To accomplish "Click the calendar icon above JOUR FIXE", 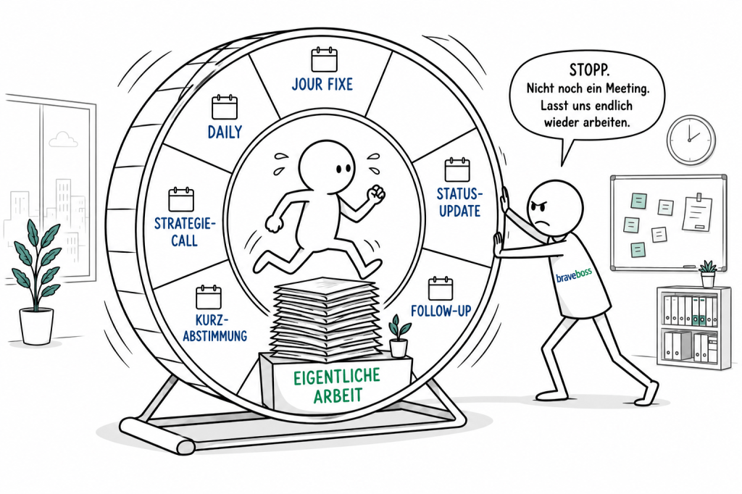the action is (x=324, y=59).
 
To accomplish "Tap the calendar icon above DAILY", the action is (x=225, y=107).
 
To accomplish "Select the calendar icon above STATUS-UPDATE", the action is (x=457, y=170).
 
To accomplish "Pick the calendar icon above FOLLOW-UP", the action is (x=441, y=288).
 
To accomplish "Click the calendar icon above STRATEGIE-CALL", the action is (x=181, y=199).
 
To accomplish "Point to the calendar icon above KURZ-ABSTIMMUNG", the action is (x=209, y=297).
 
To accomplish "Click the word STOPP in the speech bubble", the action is (x=589, y=70).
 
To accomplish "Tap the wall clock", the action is (x=691, y=140).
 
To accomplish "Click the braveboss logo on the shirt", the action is (x=574, y=275).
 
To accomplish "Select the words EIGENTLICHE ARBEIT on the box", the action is (x=337, y=385).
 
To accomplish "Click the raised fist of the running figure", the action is (x=377, y=193).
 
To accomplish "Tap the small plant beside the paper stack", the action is (x=399, y=336).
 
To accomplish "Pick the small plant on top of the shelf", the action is (x=708, y=274).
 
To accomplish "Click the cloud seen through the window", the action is (x=64, y=139).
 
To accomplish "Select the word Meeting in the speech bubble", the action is (x=625, y=88).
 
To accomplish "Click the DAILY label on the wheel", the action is (x=225, y=132).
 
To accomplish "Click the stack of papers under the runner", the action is (x=327, y=318).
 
